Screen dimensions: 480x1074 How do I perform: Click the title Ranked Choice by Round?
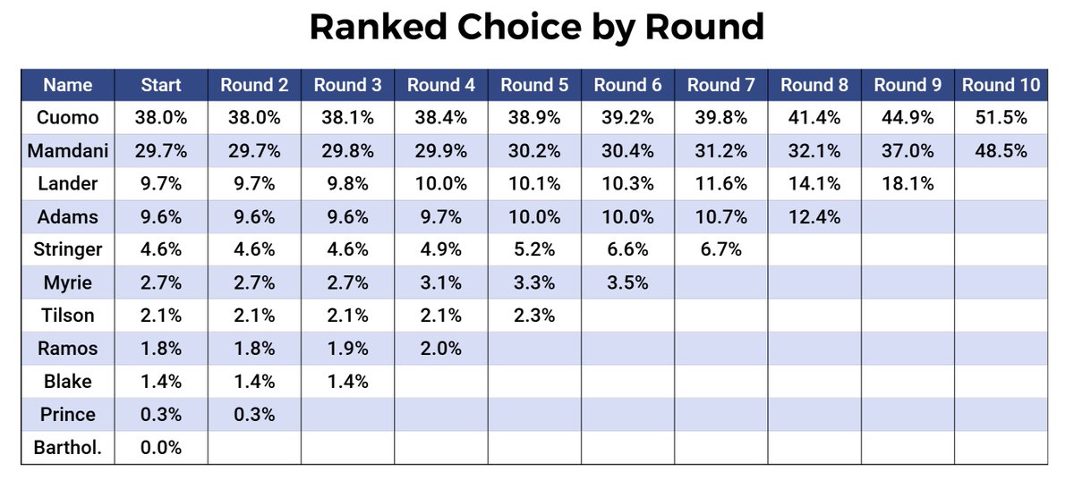coord(537,28)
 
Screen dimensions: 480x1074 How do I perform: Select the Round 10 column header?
coord(1001,85)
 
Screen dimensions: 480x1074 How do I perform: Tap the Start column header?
coord(161,85)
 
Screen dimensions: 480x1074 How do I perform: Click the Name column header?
coord(68,85)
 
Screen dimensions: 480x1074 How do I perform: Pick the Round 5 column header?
coord(534,85)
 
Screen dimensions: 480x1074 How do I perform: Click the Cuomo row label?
coord(68,117)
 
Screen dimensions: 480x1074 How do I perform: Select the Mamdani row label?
coord(68,150)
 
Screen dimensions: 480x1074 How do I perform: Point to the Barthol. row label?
coord(68,448)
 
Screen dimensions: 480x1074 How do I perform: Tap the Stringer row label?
coord(68,249)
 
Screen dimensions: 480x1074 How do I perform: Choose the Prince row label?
coord(68,415)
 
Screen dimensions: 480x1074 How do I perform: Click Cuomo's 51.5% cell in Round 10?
coord(1001,117)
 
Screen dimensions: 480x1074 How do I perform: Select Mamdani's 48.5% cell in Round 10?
coord(1001,150)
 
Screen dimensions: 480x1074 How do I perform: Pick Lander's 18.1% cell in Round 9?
coord(908,183)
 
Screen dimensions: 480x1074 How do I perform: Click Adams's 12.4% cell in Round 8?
coord(814,216)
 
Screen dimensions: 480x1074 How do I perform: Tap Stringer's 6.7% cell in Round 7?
coord(720,249)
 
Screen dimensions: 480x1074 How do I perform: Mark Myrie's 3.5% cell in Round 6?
coord(627,282)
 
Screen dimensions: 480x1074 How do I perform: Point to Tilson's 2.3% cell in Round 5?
coord(534,316)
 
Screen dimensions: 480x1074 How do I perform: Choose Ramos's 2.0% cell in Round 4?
coord(440,349)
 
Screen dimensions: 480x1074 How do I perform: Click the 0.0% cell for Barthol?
coord(161,448)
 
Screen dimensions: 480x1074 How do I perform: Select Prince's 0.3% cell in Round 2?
coord(254,415)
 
